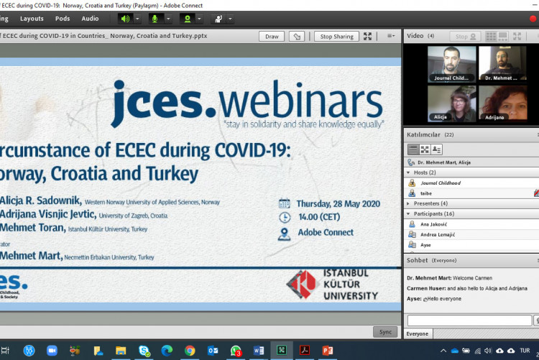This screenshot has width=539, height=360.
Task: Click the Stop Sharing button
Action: pyautogui.click(x=336, y=36)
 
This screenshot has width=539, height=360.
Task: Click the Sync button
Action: pyautogui.click(x=384, y=331)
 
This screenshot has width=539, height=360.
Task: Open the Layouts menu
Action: pyautogui.click(x=32, y=18)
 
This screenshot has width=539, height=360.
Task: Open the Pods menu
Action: pyautogui.click(x=63, y=18)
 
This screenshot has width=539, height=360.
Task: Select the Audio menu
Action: pyautogui.click(x=90, y=18)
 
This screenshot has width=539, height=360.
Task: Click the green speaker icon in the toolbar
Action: pyautogui.click(x=125, y=18)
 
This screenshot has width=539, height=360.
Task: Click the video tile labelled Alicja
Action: pyautogui.click(x=452, y=102)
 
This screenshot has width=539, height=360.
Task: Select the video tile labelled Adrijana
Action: pyautogui.click(x=503, y=102)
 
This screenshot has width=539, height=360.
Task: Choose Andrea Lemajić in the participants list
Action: pyautogui.click(x=438, y=234)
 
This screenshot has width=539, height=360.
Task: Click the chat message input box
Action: pyautogui.click(x=469, y=320)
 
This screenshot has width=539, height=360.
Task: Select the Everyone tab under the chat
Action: pyautogui.click(x=418, y=333)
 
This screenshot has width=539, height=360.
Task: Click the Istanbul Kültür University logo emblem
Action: pyautogui.click(x=301, y=284)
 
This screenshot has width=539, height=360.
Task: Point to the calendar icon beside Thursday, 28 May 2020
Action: pyautogui.click(x=285, y=203)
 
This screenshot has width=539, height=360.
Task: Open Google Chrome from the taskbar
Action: pyautogui.click(x=190, y=350)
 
